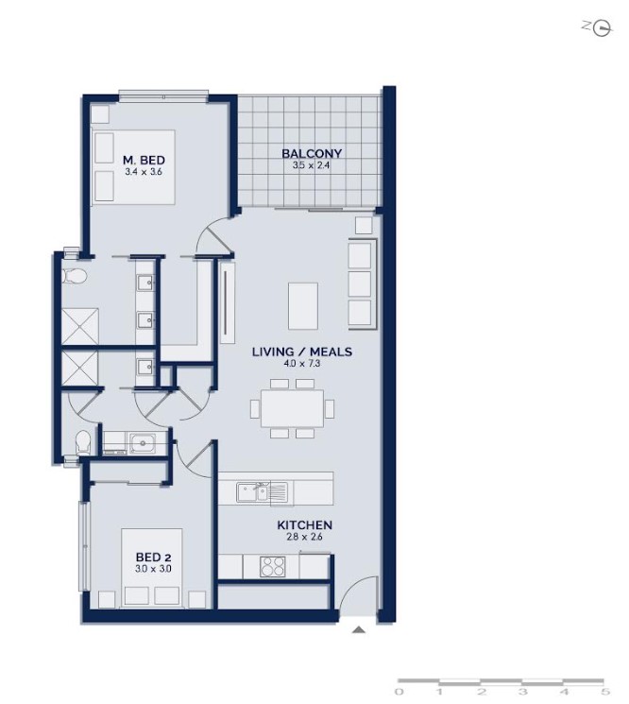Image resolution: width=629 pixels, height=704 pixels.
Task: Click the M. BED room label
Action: [144, 160]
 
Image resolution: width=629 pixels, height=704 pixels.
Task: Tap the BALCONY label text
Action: [312, 153]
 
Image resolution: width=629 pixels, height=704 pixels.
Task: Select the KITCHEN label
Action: [305, 524]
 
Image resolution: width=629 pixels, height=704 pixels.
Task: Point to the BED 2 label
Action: [153, 558]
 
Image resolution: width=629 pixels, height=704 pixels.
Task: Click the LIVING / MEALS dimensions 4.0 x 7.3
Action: [302, 364]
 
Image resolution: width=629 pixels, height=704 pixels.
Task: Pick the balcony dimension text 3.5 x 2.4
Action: [312, 165]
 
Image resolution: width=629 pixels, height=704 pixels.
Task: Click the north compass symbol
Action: [601, 28]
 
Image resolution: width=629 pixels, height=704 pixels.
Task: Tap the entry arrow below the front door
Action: [358, 630]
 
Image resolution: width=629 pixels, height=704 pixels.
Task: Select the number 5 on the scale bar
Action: [606, 692]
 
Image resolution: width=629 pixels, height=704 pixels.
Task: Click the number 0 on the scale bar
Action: [399, 692]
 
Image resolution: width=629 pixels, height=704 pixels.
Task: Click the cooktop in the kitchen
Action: [272, 566]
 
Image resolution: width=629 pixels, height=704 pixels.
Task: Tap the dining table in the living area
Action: [293, 408]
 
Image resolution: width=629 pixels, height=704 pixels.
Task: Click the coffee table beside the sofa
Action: [303, 306]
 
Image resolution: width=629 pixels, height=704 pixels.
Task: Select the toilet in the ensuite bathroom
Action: [74, 276]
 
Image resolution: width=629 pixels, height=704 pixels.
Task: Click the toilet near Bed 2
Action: [83, 442]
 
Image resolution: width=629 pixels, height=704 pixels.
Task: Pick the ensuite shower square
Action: [80, 326]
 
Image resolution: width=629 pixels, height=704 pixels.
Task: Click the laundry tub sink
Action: [143, 443]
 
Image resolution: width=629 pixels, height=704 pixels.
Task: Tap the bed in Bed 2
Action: [152, 568]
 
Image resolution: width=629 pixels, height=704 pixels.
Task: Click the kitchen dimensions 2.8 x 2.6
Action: [305, 537]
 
